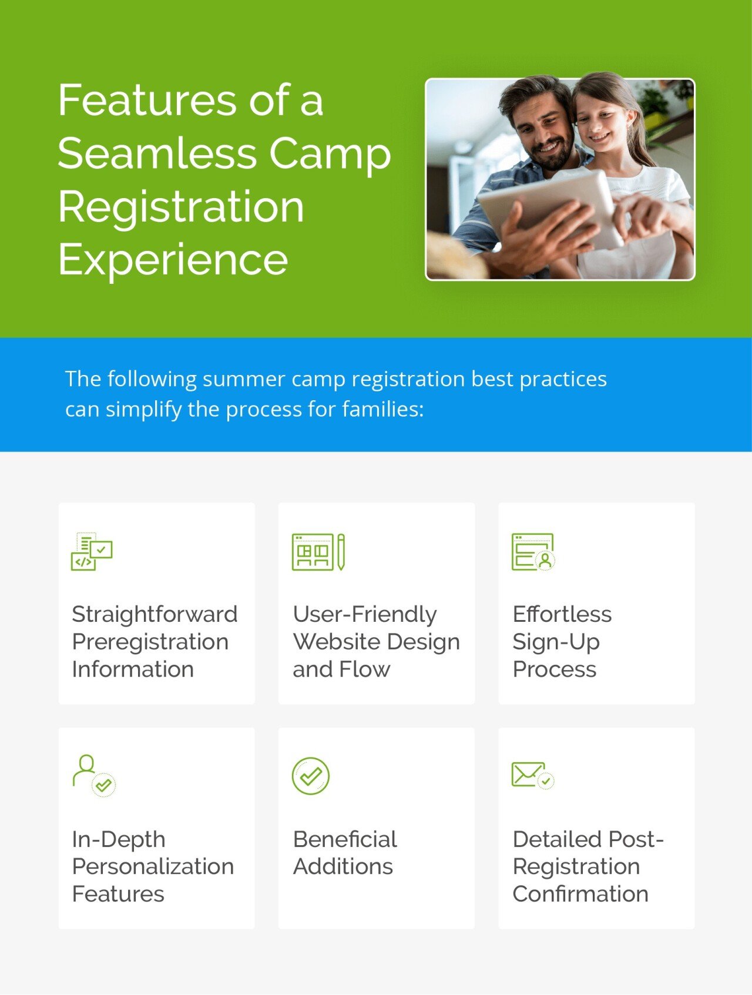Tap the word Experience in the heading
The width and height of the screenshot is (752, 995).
(x=173, y=260)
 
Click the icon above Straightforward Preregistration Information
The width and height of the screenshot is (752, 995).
(x=92, y=551)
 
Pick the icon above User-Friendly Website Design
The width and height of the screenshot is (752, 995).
(x=318, y=552)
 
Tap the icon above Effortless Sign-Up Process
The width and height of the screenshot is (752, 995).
(x=533, y=552)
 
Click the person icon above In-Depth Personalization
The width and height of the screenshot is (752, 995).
(x=94, y=776)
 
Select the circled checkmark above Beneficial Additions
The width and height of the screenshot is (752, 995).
(x=311, y=776)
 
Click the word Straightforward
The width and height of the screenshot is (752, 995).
(x=155, y=614)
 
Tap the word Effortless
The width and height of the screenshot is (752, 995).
(x=562, y=614)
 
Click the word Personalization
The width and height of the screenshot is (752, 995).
(x=153, y=866)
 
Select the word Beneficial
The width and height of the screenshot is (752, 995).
(x=345, y=839)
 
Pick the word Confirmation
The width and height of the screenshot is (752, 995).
(x=580, y=894)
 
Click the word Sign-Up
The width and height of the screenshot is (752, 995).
(x=556, y=642)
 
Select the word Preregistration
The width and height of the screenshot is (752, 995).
(x=150, y=642)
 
